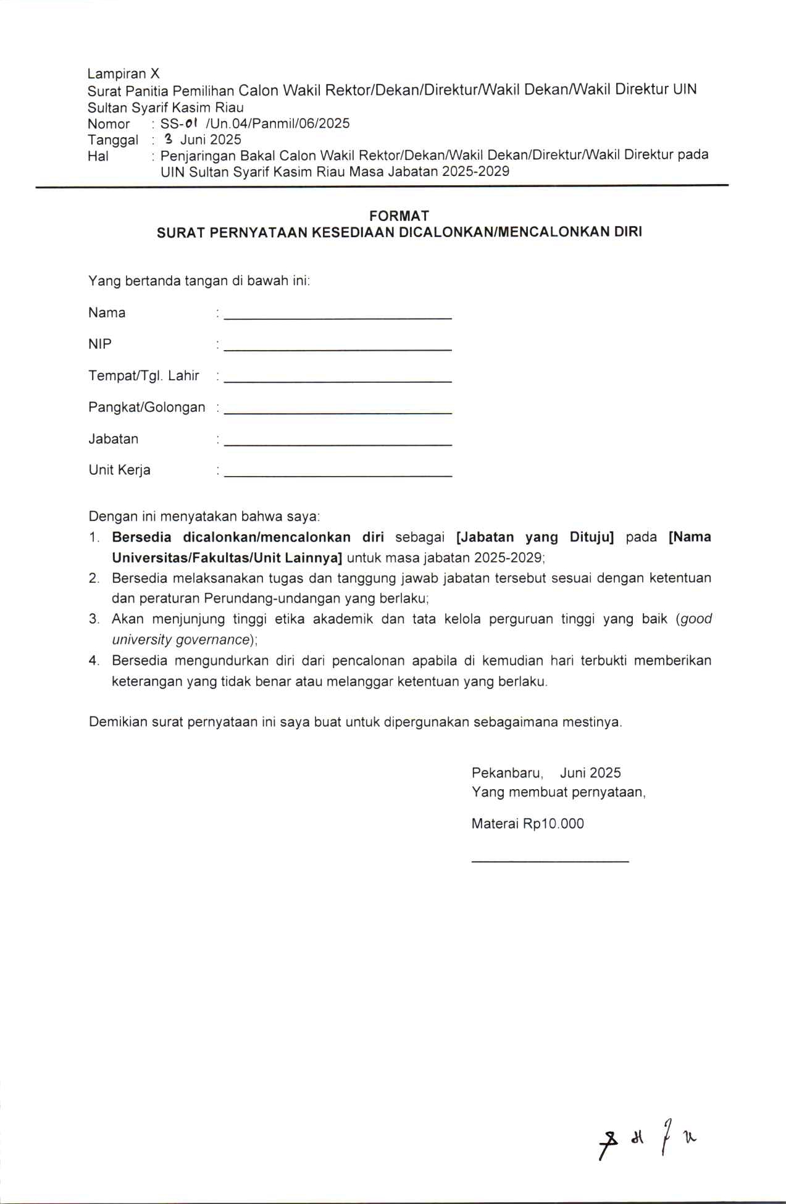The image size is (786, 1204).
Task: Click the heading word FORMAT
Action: tap(399, 215)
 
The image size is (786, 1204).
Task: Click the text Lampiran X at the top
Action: tap(123, 73)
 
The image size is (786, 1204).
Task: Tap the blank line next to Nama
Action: tap(338, 316)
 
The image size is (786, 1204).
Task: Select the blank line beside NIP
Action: tap(338, 348)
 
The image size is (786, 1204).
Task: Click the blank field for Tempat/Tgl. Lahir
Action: tap(338, 380)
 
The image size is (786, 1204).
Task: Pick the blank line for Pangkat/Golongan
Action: tap(338, 411)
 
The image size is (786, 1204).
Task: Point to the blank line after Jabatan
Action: tap(338, 443)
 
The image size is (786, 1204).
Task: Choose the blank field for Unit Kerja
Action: tap(338, 474)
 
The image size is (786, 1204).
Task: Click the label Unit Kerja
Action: tap(119, 470)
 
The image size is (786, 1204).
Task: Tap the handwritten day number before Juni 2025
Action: tap(167, 139)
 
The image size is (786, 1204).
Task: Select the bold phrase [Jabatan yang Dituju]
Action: tap(535, 537)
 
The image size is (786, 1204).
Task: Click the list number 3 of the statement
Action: tap(94, 619)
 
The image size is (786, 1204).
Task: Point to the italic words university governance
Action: tap(180, 640)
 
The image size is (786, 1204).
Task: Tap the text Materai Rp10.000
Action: tap(527, 824)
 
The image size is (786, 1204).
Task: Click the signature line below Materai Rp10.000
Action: tap(550, 860)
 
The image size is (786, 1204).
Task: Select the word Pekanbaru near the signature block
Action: tap(507, 773)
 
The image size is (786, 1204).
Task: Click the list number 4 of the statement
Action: tap(94, 661)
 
